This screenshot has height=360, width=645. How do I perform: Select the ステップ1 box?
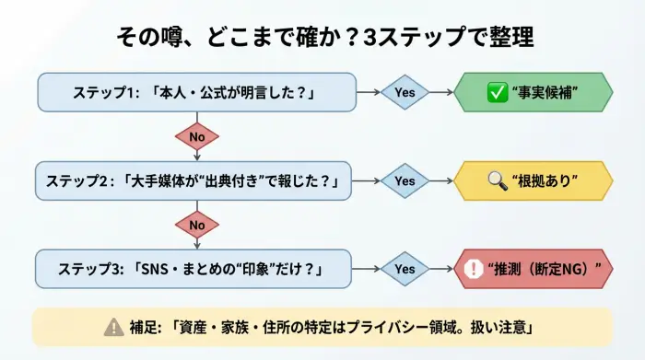tap(196, 92)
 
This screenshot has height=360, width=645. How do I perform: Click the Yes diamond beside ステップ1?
tap(405, 92)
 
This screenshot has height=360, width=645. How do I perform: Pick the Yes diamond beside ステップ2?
tap(405, 180)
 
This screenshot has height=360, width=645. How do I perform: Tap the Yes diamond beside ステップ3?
tap(405, 269)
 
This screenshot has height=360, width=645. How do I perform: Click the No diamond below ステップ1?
tap(196, 136)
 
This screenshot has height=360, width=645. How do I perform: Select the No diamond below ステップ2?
tap(196, 225)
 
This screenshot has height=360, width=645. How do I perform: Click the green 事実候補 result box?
tap(534, 92)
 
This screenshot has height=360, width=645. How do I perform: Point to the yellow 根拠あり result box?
tap(534, 180)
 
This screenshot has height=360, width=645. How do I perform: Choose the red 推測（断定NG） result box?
tap(534, 269)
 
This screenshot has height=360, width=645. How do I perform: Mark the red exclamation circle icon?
tap(475, 269)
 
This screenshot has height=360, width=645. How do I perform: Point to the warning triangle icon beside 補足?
tap(113, 326)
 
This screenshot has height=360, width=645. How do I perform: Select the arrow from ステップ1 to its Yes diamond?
tap(368, 92)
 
